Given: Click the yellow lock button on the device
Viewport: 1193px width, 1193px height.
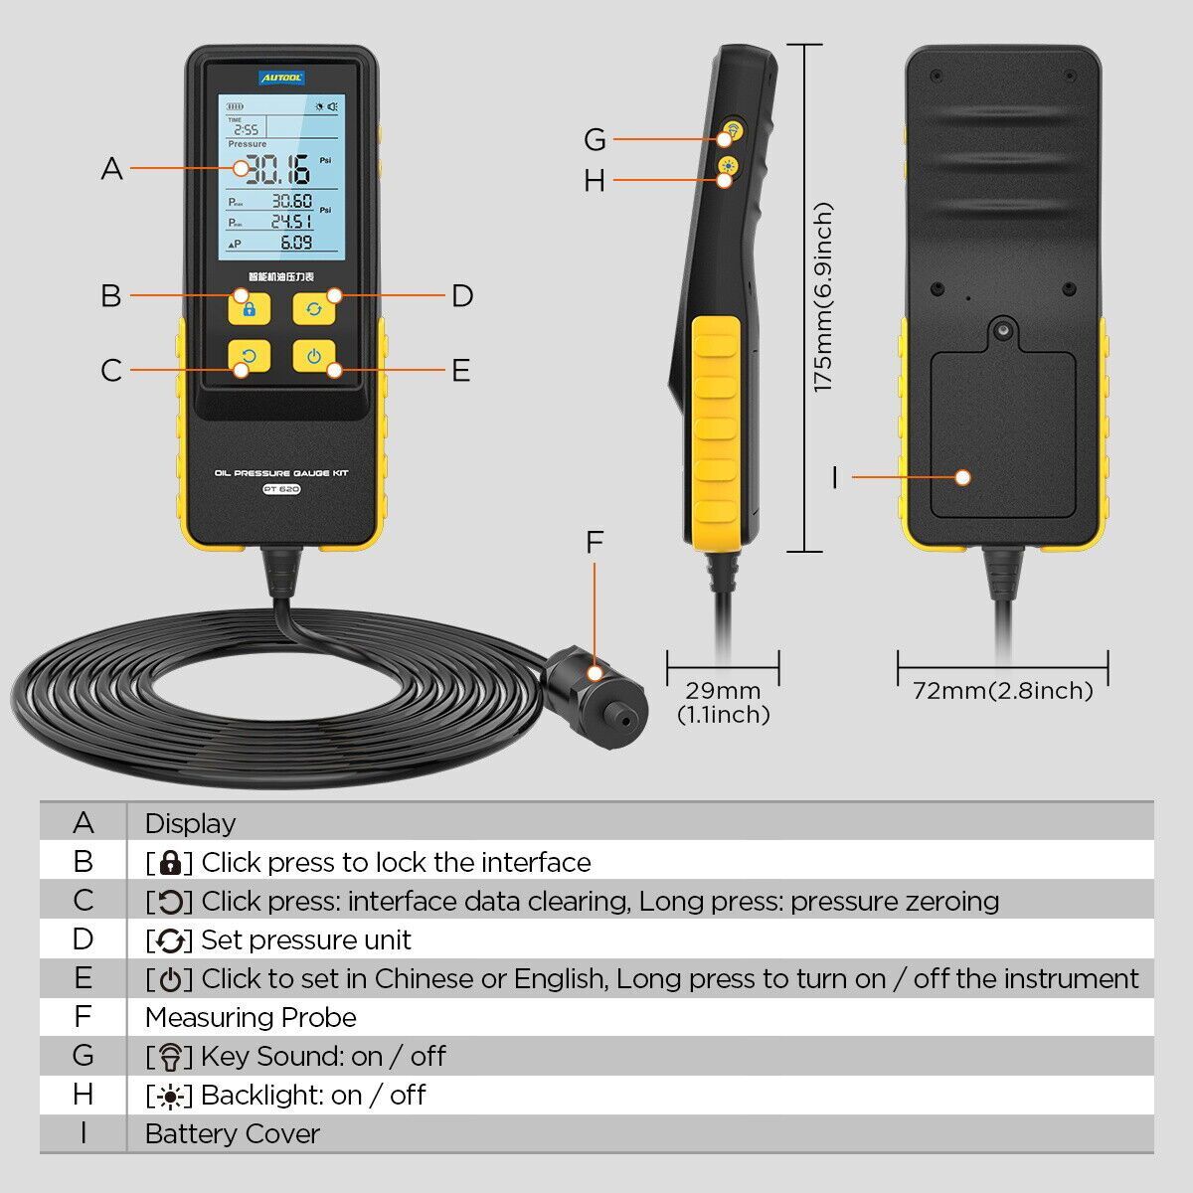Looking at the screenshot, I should click(x=249, y=308).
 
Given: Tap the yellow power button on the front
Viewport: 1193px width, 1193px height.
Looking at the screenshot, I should click(x=314, y=357).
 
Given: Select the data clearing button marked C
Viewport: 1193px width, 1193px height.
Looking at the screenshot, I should click(x=249, y=357).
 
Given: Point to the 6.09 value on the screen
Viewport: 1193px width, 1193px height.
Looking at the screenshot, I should click(x=295, y=242).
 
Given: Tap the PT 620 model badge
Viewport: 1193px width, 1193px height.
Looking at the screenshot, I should click(x=281, y=488).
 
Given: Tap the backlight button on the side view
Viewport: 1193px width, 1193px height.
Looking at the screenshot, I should click(x=730, y=166).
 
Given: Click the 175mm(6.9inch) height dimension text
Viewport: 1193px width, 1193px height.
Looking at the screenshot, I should click(x=823, y=297).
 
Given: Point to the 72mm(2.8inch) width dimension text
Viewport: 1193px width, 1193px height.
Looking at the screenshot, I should click(x=1002, y=690).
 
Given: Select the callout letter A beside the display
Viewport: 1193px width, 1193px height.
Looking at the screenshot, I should click(x=112, y=169).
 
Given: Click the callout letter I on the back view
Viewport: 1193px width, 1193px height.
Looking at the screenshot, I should click(x=835, y=478).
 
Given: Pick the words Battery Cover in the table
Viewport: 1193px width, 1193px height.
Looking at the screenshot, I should click(x=233, y=1133).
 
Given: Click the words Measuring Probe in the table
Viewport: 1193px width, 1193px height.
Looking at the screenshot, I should click(x=251, y=1017).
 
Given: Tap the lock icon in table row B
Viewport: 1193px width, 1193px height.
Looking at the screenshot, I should click(x=170, y=862).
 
